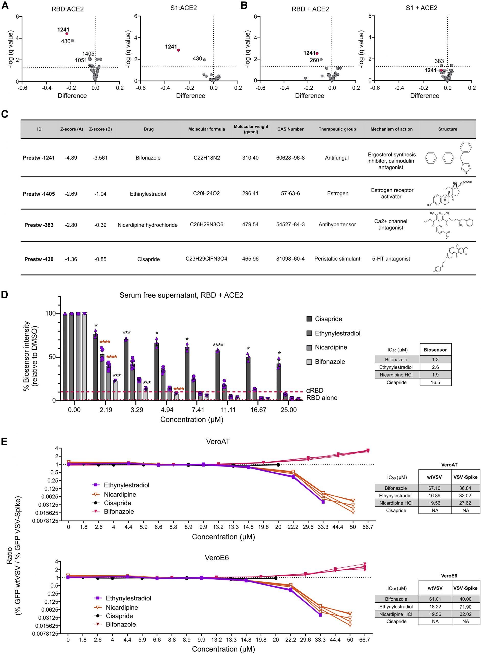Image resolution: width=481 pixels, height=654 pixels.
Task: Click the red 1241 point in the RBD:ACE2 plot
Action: tap(67, 34)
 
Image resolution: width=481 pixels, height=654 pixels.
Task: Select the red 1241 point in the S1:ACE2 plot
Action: tap(178, 50)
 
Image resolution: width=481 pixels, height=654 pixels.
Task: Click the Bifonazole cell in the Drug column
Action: tap(148, 158)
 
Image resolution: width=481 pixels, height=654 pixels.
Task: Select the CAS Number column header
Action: tap(290, 129)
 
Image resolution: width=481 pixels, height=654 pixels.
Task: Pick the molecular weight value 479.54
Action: tap(250, 225)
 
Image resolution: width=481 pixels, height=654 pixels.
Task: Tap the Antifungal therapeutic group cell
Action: tap(337, 158)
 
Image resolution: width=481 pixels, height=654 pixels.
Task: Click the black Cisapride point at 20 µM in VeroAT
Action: tap(278, 465)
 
